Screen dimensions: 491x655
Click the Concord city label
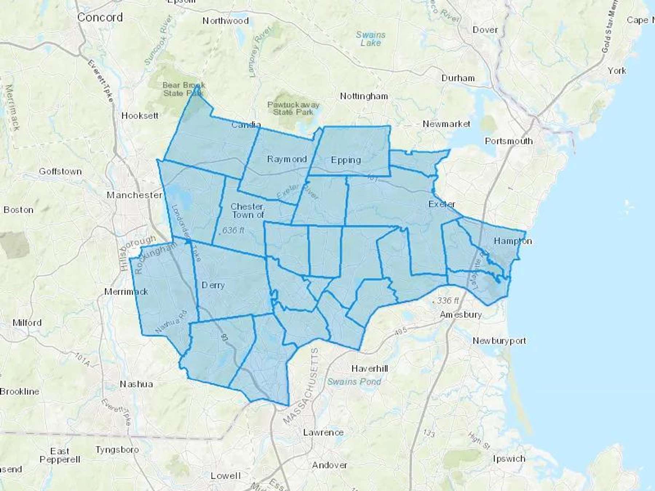tap(100, 17)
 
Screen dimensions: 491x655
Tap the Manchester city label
tap(134, 195)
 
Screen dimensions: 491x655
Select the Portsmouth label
tap(509, 141)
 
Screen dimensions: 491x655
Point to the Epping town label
tap(346, 160)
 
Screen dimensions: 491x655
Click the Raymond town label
tap(287, 159)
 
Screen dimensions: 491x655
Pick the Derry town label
tap(213, 285)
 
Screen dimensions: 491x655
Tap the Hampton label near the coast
tap(513, 241)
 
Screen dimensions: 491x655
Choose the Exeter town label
tap(442, 204)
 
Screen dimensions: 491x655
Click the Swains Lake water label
tap(370, 39)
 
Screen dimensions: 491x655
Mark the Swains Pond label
tap(354, 382)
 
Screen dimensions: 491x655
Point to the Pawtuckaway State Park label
tap(293, 108)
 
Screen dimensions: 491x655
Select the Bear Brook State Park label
tap(183, 89)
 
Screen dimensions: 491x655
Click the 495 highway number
tap(400, 331)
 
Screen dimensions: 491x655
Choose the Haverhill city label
tap(370, 369)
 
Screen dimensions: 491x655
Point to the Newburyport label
tap(499, 341)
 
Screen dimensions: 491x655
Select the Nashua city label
tap(136, 384)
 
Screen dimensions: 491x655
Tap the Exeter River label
tap(298, 192)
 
